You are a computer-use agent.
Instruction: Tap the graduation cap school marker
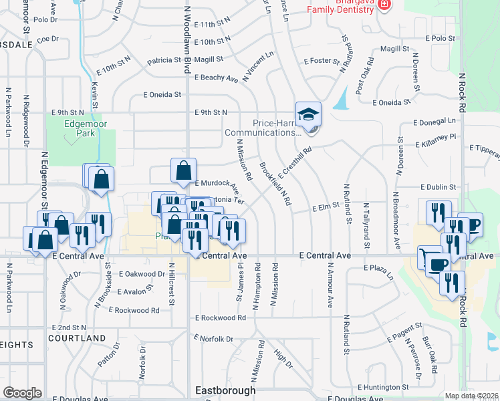click(x=308, y=115)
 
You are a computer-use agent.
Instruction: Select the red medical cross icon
click(x=384, y=5)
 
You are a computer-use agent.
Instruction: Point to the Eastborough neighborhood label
click(x=225, y=390)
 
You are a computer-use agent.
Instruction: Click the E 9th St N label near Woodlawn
click(x=211, y=112)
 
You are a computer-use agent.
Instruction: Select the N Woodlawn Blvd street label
click(x=188, y=53)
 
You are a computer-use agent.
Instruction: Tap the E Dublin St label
click(x=438, y=188)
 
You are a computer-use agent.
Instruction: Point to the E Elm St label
click(x=327, y=208)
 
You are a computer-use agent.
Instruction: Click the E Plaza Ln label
click(x=380, y=267)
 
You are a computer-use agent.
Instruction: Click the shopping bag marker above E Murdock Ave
click(x=183, y=171)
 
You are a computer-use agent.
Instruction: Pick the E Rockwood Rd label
click(x=221, y=318)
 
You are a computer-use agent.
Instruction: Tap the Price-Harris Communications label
click(x=267, y=128)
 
